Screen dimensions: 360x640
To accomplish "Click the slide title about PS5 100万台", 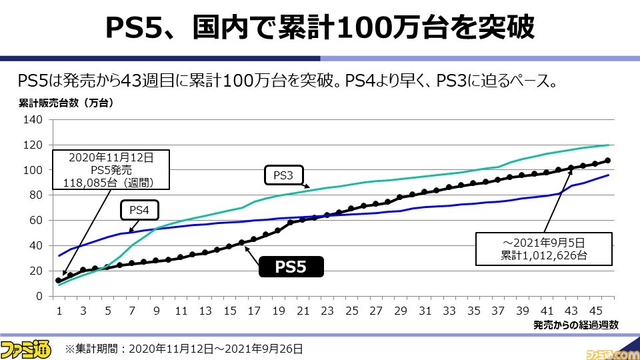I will tap(320, 27).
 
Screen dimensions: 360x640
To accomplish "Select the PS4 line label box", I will tap(139, 210).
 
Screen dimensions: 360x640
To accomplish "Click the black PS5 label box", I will tap(291, 267).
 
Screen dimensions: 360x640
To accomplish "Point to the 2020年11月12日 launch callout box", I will tap(110, 170).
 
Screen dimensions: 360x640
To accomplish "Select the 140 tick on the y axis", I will tap(34, 120).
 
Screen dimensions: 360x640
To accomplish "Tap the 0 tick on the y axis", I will tap(39, 295).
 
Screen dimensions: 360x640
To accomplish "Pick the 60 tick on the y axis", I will tap(37, 220).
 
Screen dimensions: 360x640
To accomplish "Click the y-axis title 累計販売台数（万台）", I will tap(65, 103).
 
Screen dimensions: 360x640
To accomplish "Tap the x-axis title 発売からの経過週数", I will tap(576, 325).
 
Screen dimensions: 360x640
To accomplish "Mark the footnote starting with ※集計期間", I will tap(184, 348).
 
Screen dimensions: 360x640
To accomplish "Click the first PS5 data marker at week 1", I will tap(59, 281).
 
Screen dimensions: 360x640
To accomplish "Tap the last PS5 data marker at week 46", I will tap(607, 161).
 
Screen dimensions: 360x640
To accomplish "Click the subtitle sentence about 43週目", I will tap(287, 81).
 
